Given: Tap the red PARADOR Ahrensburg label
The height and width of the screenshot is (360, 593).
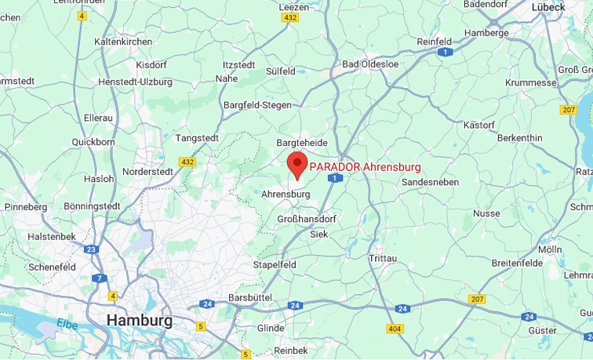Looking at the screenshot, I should (365, 167).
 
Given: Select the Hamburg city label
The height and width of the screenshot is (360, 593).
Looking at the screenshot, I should (139, 320).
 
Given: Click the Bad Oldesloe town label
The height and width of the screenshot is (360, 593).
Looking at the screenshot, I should (372, 64).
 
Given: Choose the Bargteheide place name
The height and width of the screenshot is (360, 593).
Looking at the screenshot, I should (302, 143).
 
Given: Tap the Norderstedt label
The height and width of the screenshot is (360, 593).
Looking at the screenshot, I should (148, 171).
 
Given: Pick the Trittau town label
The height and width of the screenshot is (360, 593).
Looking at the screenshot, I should (383, 258).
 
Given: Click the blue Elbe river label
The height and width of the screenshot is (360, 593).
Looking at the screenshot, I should (67, 323).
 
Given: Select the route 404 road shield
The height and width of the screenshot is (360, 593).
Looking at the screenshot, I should (395, 329).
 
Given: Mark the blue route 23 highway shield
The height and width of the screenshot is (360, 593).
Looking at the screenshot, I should (91, 249).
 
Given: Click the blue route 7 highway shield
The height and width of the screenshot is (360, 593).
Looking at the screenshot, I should (99, 278).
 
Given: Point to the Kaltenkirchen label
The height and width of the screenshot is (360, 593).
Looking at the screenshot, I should (122, 41).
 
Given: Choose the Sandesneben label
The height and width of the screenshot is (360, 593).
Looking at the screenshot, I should (430, 181).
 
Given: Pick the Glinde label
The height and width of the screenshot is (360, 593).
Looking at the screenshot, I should (271, 328).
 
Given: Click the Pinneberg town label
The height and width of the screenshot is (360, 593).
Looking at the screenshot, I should (25, 207).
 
